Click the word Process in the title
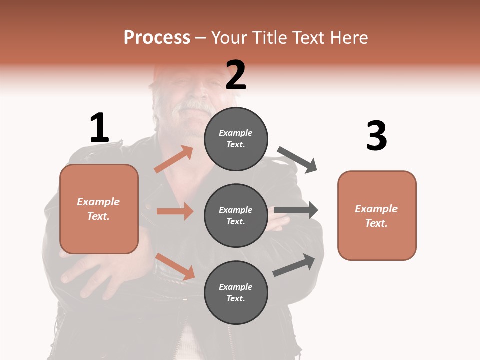point(157,38)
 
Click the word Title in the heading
point(268,38)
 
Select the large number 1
point(99,128)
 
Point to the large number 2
point(236,75)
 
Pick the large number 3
point(376,136)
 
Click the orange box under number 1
point(99,209)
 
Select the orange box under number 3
point(377,216)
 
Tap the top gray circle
point(236,139)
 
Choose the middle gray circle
point(236,216)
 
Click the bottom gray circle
point(236,293)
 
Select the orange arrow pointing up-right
point(174,159)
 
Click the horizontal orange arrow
point(175,211)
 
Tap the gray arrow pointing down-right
point(297,159)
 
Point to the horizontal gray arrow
point(296,210)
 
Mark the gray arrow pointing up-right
point(294,265)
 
